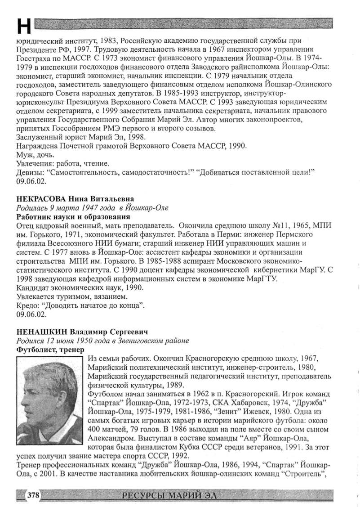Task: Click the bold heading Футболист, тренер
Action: (x=50, y=350)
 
